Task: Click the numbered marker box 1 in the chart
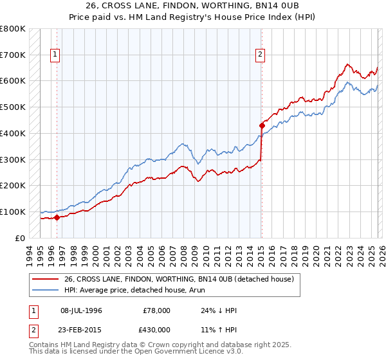point(56,55)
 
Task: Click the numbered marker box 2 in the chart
point(261,55)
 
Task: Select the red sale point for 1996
point(57,217)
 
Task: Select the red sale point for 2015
point(262,125)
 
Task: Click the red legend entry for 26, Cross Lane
point(179,279)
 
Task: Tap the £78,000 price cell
point(157,310)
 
